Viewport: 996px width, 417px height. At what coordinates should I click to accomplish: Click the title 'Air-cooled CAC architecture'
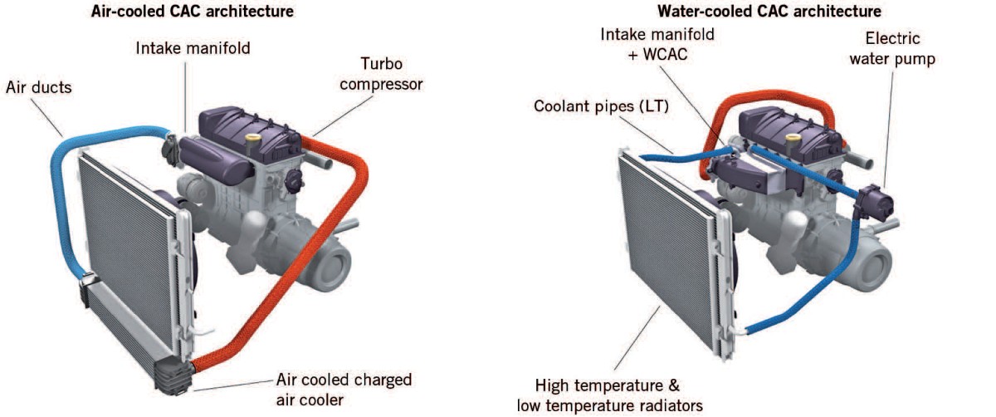(192, 12)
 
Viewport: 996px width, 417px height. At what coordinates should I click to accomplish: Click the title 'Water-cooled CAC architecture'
(769, 12)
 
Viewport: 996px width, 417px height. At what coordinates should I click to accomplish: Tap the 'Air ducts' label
(38, 86)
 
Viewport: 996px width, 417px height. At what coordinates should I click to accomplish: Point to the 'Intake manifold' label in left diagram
(193, 48)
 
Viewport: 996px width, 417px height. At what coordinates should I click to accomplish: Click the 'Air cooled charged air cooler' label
(344, 390)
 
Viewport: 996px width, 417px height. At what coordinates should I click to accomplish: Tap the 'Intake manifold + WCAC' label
(658, 44)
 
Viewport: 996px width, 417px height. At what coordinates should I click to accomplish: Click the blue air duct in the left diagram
(62, 191)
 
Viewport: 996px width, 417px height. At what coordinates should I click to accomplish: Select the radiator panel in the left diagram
(124, 249)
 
